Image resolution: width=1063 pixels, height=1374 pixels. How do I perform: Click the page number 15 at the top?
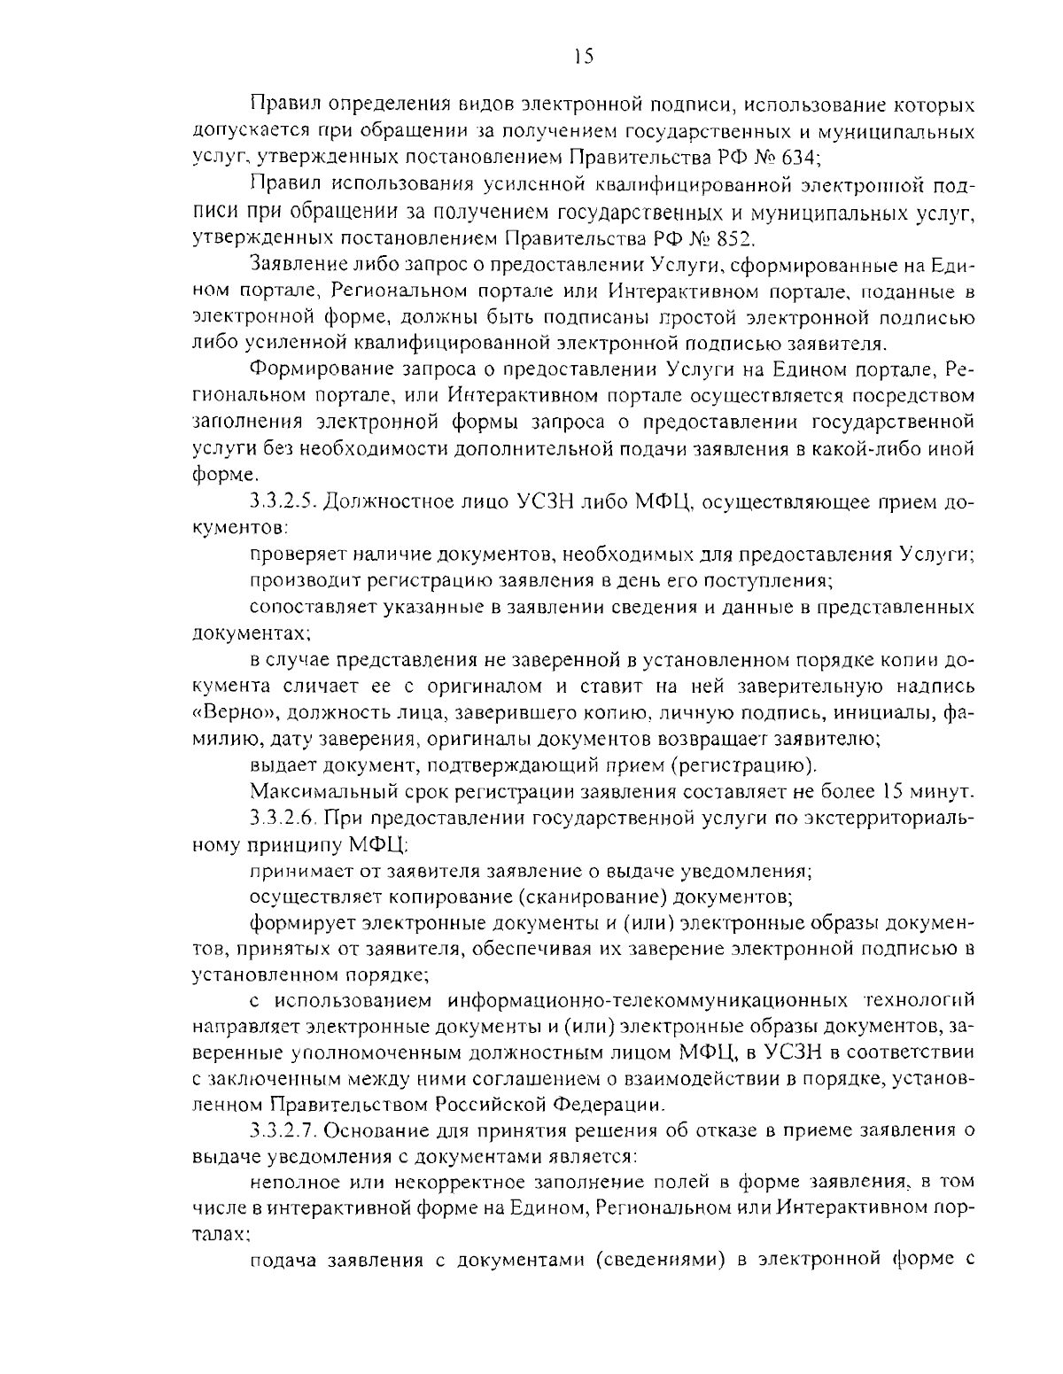[582, 57]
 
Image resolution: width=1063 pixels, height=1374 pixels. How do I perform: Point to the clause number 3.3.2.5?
[283, 502]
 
